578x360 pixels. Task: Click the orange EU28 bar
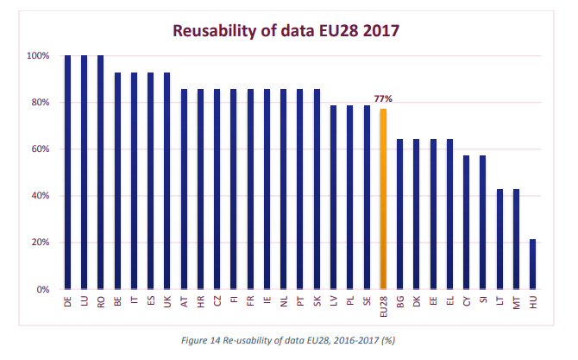pyautogui.click(x=383, y=199)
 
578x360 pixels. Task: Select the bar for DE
pyautogui.click(x=67, y=172)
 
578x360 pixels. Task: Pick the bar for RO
pyautogui.click(x=101, y=172)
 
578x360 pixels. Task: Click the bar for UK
pyautogui.click(x=167, y=180)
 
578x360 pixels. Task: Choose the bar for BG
pyautogui.click(x=399, y=213)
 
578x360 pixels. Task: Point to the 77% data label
pyautogui.click(x=383, y=99)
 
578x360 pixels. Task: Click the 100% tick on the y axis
pyautogui.click(x=38, y=56)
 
